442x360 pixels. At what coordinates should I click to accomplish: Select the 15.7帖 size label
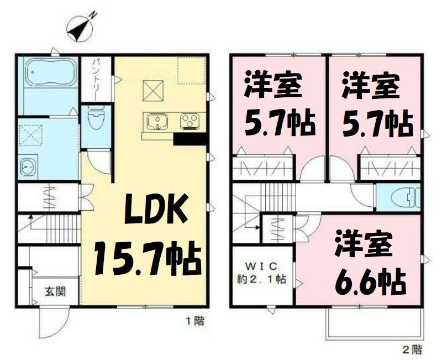coord(146,259)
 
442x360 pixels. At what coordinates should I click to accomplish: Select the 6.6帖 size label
coord(371,283)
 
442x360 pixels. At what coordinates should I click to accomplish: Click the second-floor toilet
coord(402,196)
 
